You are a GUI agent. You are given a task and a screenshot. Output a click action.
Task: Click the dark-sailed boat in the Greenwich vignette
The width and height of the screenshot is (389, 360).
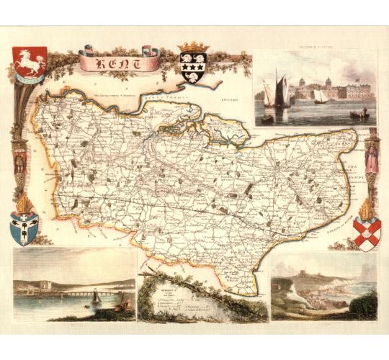[280, 91]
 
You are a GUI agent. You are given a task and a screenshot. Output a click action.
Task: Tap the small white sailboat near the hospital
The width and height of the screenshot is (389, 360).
[319, 97]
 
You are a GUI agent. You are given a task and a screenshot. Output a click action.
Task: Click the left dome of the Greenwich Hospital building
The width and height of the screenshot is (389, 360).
[328, 81]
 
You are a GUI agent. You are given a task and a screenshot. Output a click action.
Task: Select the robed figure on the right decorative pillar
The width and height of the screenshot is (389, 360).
[372, 159]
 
